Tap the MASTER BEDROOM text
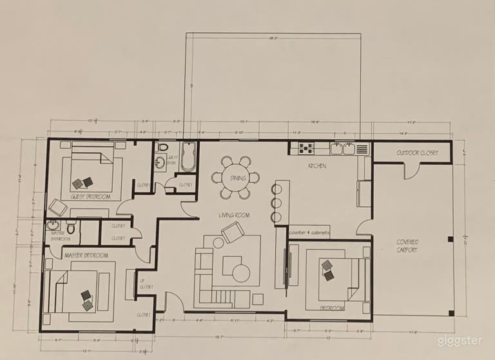click(x=86, y=255)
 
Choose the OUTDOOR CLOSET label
click(x=417, y=153)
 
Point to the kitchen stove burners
click(x=304, y=149)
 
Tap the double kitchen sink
click(x=342, y=149)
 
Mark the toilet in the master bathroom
click(x=71, y=226)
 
